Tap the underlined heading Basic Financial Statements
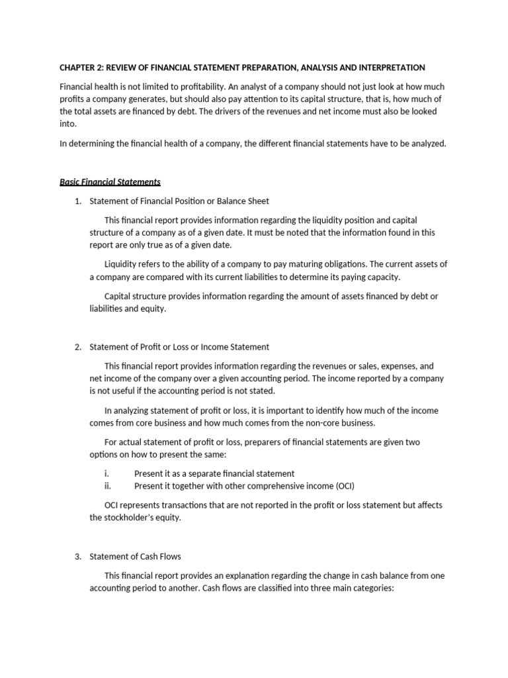(110, 181)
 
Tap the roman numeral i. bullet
(106, 473)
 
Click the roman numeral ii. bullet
(107, 486)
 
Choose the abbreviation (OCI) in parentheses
(342, 486)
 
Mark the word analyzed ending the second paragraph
(428, 143)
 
